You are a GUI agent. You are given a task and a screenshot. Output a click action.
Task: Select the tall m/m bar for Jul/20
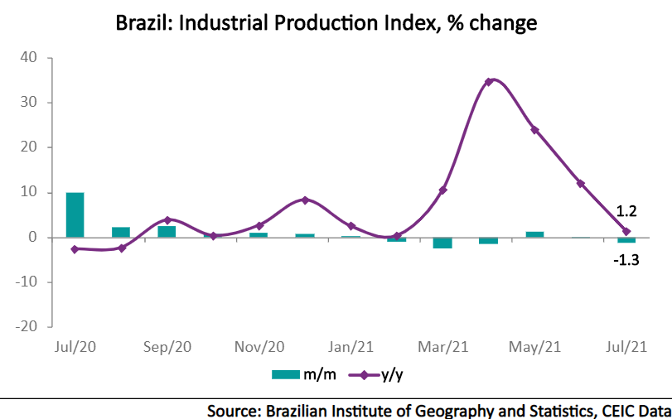pos(75,215)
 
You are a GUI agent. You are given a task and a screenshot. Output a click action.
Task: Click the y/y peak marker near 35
pos(489,81)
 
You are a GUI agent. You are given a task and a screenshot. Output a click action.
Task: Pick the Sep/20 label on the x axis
pos(168,347)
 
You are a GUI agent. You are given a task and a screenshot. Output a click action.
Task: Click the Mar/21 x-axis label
pos(443,347)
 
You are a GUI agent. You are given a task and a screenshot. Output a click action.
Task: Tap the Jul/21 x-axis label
pos(626,347)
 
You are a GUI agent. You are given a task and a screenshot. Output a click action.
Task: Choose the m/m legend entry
pos(304,374)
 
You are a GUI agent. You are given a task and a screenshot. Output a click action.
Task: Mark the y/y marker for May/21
pos(534,130)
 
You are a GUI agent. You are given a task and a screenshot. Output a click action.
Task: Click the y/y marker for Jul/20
pos(75,249)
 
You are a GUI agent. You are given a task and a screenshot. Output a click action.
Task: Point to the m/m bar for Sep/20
pos(167,231)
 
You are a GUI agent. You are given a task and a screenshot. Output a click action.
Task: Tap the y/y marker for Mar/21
pos(443,190)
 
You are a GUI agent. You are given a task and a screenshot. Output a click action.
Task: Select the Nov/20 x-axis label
pos(259,347)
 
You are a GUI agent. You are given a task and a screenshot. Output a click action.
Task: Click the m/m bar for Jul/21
pos(626,240)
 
